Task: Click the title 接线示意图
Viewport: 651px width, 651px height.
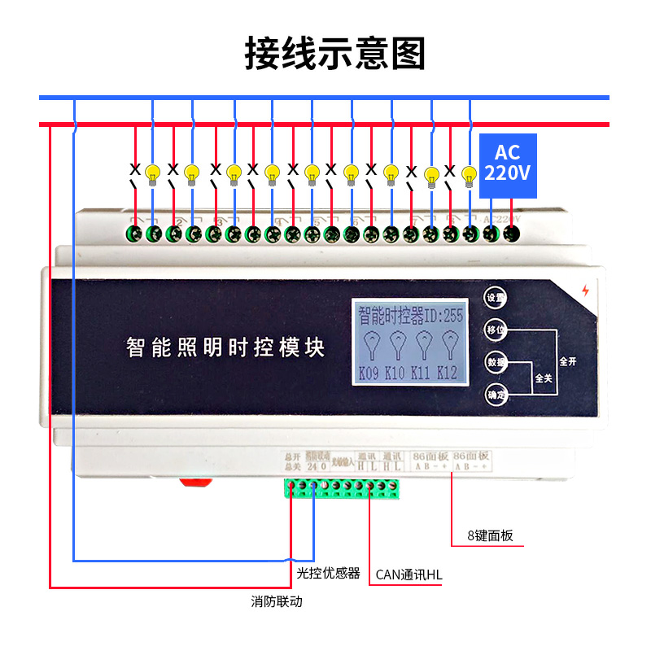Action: click(335, 54)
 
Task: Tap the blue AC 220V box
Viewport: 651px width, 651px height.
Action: click(507, 165)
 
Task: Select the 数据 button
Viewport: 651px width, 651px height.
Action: click(496, 361)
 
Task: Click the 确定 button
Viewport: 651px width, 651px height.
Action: click(496, 395)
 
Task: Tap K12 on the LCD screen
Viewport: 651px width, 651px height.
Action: click(447, 374)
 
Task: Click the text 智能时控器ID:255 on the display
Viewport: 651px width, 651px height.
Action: click(410, 315)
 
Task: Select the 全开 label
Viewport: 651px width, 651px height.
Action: click(567, 360)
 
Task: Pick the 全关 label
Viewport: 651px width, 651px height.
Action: click(543, 378)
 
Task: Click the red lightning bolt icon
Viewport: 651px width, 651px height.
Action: click(583, 291)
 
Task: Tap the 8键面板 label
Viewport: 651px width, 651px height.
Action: click(490, 536)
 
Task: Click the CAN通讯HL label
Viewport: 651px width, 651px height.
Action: click(409, 575)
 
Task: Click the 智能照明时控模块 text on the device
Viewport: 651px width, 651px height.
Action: click(225, 347)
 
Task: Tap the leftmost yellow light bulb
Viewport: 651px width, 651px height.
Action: click(152, 173)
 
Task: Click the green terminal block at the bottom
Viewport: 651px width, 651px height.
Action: click(343, 487)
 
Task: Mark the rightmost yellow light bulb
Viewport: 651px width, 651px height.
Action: click(468, 173)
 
